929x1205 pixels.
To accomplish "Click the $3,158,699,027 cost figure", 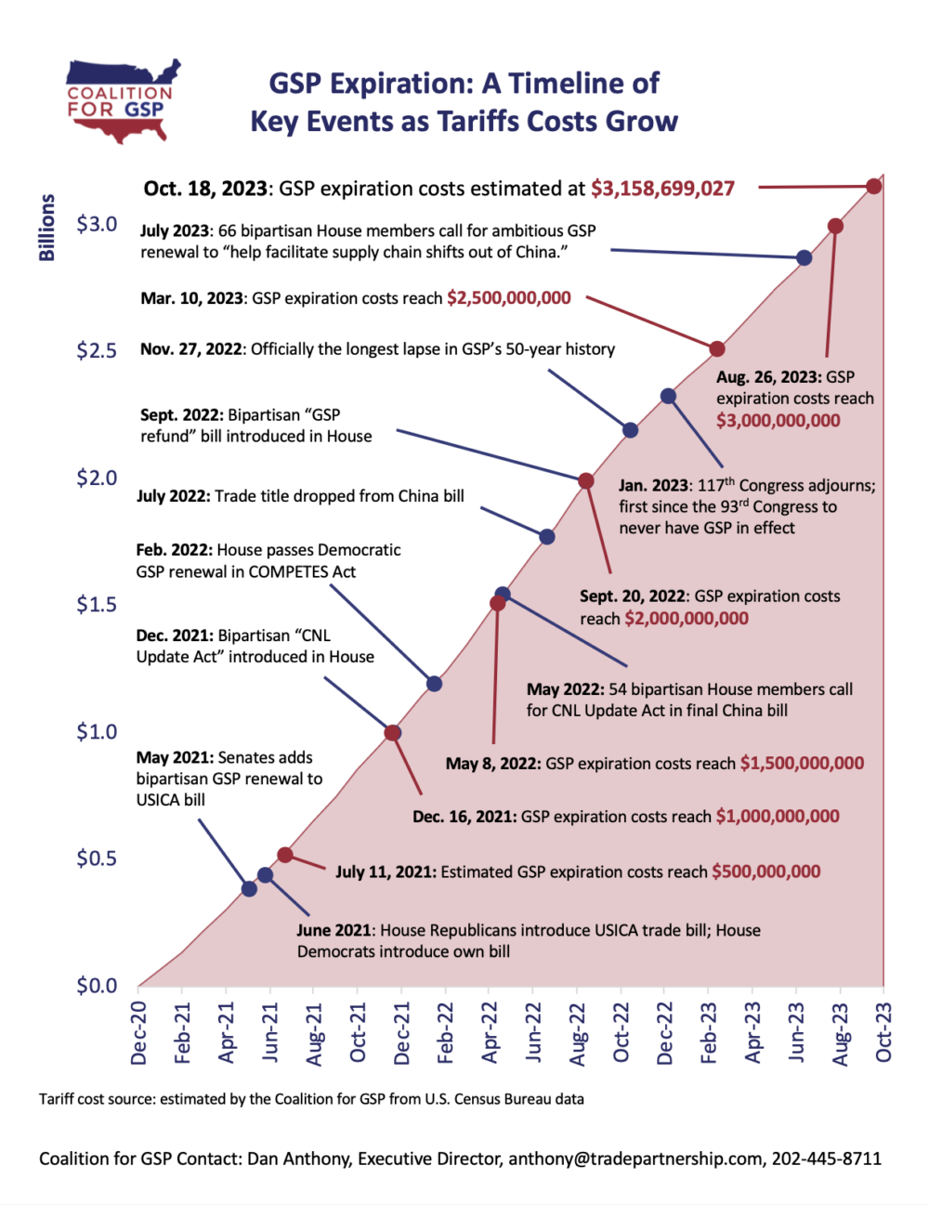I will click(662, 189).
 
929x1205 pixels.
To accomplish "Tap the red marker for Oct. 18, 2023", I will click(873, 186).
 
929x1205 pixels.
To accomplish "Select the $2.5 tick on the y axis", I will click(97, 351).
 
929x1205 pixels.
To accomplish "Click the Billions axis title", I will click(47, 228).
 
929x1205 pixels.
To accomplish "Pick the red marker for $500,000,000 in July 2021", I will click(285, 855).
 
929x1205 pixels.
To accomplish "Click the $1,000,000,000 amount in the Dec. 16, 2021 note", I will click(778, 817).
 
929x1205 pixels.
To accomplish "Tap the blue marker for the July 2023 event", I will click(805, 258).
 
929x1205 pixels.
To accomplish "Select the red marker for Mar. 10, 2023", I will click(716, 349).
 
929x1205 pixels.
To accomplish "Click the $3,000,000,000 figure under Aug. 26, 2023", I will click(778, 421).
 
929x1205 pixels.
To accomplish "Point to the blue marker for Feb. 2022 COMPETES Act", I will click(434, 684).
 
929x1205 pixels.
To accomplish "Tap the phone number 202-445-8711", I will click(826, 1159).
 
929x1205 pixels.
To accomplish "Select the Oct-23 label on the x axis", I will click(883, 1032).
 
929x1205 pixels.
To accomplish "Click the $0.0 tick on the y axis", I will click(97, 986).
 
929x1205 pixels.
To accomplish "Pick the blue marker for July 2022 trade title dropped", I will click(547, 537).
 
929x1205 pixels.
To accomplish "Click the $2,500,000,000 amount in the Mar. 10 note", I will click(509, 298).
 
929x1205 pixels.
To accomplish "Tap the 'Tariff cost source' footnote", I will click(311, 1099).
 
